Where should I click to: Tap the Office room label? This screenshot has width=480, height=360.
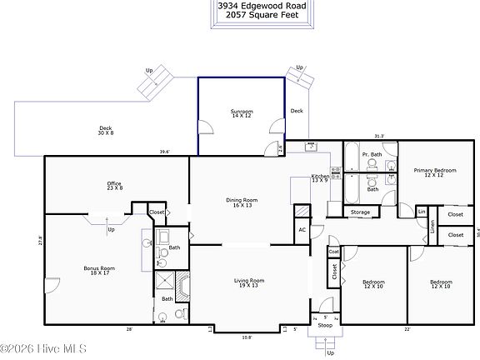tap(114, 186)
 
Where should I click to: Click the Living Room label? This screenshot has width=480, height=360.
tap(249, 282)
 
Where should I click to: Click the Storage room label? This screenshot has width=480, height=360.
tap(360, 212)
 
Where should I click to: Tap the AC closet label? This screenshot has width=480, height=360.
tap(302, 229)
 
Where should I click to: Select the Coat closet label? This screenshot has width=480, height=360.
tap(333, 251)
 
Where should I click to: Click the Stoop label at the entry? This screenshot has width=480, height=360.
tap(325, 325)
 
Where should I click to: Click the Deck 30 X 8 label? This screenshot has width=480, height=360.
tap(106, 130)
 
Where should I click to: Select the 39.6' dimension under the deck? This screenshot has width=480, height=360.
tap(165, 152)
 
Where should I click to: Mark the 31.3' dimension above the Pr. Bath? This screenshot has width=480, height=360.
tap(379, 136)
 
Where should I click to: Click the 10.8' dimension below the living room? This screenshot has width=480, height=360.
tap(247, 337)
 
